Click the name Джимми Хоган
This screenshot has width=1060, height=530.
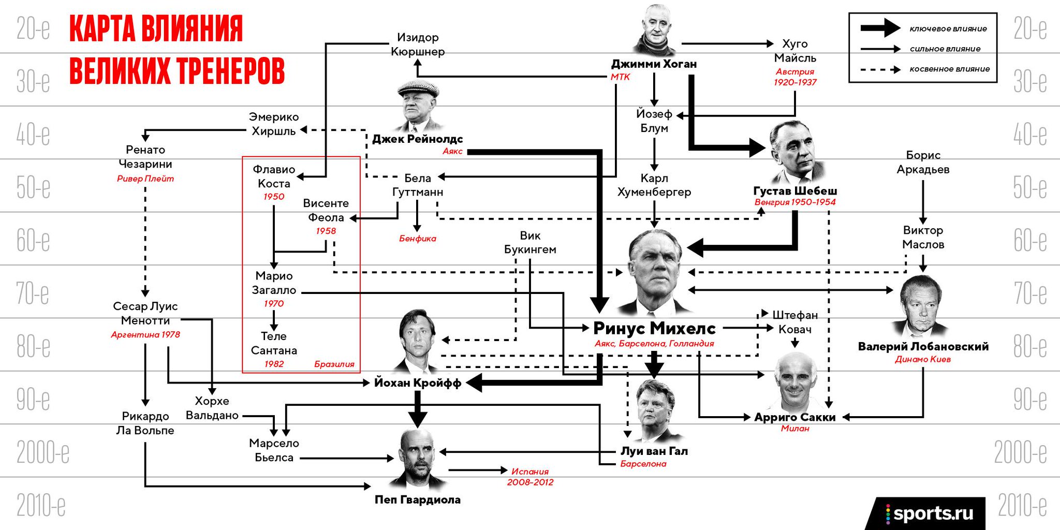coord(654,64)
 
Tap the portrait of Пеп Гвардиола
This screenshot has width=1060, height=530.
coord(418,459)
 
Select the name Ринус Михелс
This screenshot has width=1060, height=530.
coord(654,328)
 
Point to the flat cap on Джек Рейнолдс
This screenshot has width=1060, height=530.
coord(418,89)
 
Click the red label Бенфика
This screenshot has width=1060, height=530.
coord(418,239)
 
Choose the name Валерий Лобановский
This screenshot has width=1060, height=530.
coord(923,346)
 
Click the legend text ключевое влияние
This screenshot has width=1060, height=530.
coord(948,29)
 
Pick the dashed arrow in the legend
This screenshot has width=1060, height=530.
coord(880,69)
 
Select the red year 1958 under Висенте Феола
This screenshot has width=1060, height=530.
coord(326,231)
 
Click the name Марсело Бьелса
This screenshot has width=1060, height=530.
coord(274,450)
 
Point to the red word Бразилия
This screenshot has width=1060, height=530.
coord(334,364)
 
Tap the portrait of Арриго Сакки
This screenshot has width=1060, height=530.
coord(795,382)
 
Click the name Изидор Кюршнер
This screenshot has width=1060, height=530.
coord(418,45)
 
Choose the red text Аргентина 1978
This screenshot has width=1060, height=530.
coord(145,334)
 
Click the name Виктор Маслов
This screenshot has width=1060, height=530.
coord(923,237)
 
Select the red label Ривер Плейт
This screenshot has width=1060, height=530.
coord(145,179)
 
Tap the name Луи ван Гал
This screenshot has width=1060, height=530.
coord(654,451)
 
